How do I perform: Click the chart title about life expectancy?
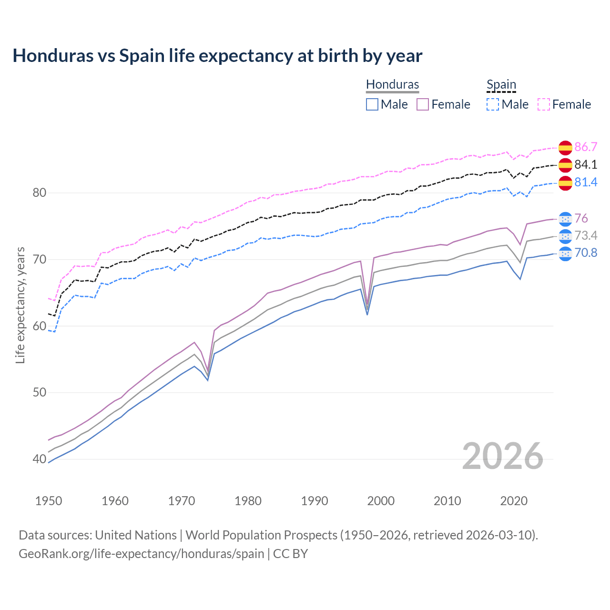(x=217, y=56)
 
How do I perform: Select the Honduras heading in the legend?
(x=392, y=84)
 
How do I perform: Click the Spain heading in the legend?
(x=501, y=84)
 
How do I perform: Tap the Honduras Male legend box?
(x=372, y=104)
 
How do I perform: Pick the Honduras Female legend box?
(x=423, y=104)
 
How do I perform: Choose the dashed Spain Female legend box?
(x=544, y=104)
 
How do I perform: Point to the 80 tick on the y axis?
(x=39, y=193)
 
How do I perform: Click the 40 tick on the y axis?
(x=39, y=459)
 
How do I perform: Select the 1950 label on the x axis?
(x=49, y=501)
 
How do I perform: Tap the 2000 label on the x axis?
(x=381, y=501)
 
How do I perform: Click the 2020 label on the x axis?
(x=514, y=501)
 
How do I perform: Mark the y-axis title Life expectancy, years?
(x=20, y=305)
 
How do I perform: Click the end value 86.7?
(x=586, y=147)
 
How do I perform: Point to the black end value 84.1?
(x=586, y=164)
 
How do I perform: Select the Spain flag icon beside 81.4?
(x=565, y=183)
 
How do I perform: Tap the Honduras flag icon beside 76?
(x=565, y=219)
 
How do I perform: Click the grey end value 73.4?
(x=586, y=235)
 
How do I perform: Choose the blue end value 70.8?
(x=586, y=253)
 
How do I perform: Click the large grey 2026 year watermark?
(x=502, y=456)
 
